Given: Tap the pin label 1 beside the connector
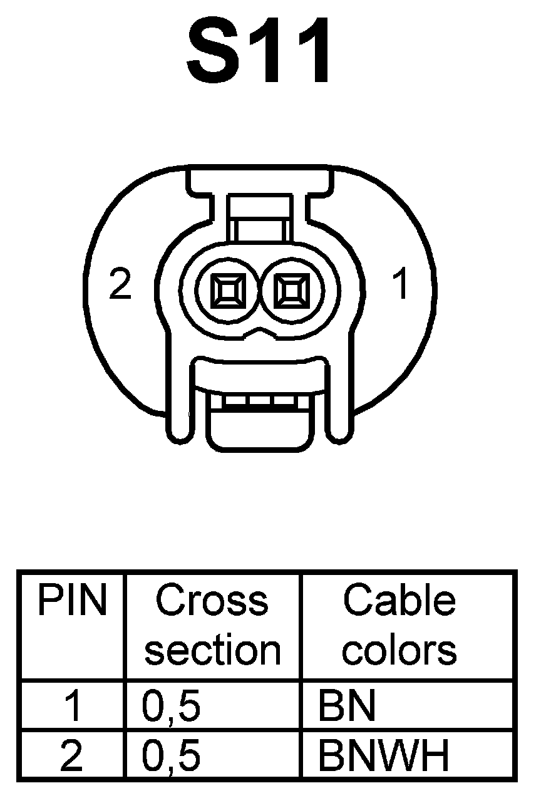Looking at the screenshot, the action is click(400, 284).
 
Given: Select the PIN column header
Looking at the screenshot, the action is click(72, 600).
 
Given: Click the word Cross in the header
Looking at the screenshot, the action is click(212, 600).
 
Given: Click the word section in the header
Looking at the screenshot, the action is click(213, 650).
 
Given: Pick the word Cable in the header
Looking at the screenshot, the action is click(399, 600).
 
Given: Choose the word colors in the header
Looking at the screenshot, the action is click(399, 650).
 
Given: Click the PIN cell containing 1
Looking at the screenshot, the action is click(73, 706).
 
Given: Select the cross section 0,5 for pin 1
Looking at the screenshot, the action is click(171, 706).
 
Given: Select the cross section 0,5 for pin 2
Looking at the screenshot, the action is click(171, 756).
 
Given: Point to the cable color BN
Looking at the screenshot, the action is click(346, 706).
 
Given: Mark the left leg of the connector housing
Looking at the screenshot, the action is click(178, 407).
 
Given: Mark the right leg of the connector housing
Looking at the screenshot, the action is click(339, 407).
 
